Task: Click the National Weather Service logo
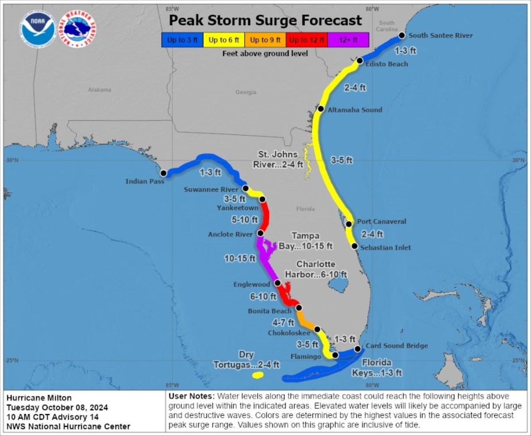79,30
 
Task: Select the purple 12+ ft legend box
348,40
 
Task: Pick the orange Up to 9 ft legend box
265,40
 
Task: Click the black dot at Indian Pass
163,173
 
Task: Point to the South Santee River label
440,35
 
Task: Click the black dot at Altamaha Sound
321,109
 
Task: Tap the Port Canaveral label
381,222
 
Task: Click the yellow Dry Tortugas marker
257,375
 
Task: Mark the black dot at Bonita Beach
299,308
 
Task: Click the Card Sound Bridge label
396,346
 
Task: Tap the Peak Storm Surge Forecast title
265,20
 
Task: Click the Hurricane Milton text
39,397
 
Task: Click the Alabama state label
99,90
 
